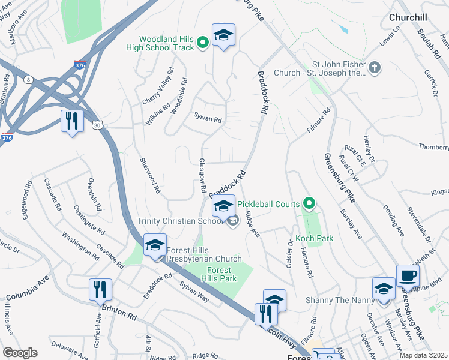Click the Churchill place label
tap(412, 17)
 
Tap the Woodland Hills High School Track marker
tap(203, 41)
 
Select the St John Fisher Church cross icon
tap(375, 67)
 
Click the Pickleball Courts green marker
tap(310, 204)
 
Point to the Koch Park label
tap(314, 238)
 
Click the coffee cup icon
tap(408, 276)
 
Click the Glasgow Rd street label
tap(203, 176)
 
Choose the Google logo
tap(20, 353)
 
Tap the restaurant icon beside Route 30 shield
tap(71, 121)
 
